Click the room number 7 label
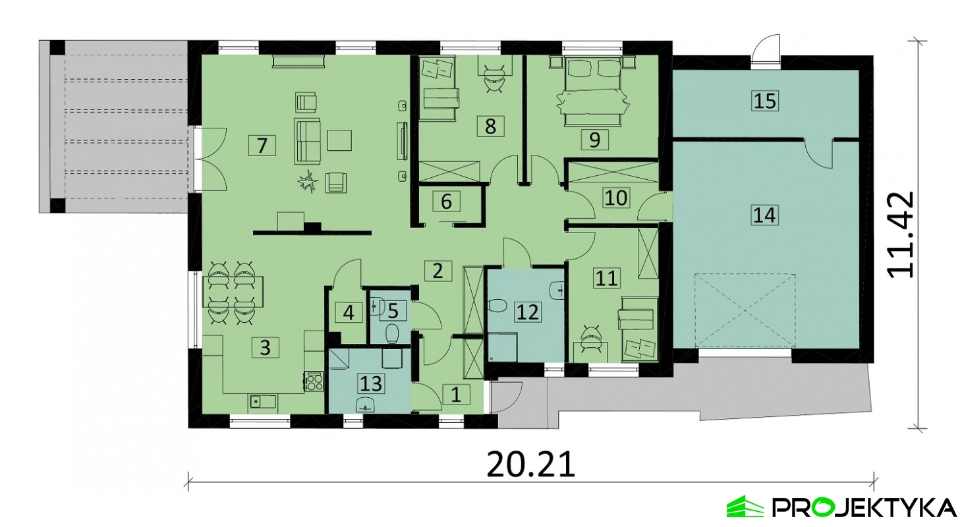262,146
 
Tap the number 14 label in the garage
764,215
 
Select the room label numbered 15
765,101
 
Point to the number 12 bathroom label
528,312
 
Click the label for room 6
446,202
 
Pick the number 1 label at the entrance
456,395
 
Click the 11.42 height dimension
899,235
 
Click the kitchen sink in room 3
263,402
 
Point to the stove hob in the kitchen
314,382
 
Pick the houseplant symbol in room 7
308,182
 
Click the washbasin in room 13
366,405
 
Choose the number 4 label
349,313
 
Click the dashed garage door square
745,311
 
